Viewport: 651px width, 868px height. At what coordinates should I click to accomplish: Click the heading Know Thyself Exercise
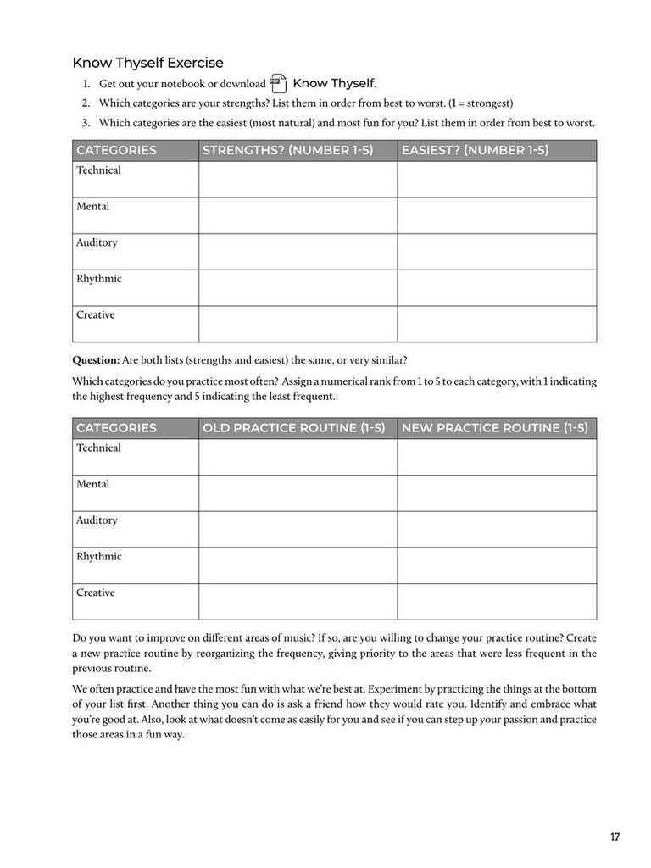tap(147, 63)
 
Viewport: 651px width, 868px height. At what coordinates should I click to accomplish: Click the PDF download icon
tap(278, 83)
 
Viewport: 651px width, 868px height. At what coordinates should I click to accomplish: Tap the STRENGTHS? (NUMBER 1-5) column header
tap(287, 150)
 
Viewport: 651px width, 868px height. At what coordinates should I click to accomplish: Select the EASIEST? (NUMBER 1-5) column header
tap(475, 150)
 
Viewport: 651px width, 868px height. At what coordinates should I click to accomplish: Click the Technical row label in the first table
tap(98, 170)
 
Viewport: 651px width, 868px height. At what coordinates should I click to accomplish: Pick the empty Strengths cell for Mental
tap(298, 215)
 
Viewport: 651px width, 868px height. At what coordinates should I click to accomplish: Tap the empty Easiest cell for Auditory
tap(497, 252)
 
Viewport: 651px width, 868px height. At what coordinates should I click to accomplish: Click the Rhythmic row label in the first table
tap(98, 279)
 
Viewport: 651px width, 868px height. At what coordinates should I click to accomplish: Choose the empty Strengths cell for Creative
tap(298, 324)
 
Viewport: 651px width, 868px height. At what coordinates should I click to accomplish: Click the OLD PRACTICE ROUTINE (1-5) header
tap(293, 428)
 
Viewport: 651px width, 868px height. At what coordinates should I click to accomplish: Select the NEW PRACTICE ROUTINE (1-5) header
tap(494, 428)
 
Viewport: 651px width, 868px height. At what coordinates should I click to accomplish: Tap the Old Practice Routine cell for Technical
tap(298, 457)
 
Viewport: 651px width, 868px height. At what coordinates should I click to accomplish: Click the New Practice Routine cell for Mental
tap(497, 493)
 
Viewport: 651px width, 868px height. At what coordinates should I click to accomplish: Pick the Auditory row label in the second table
tap(97, 520)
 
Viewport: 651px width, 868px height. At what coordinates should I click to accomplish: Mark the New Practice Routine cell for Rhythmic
tap(497, 565)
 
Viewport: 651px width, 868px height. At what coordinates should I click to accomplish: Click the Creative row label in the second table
tap(95, 593)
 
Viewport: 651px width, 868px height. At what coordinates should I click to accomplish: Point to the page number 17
tap(615, 837)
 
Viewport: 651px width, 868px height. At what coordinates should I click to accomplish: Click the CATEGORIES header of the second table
tap(116, 428)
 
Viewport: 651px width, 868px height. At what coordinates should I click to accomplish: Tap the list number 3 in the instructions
tap(86, 123)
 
